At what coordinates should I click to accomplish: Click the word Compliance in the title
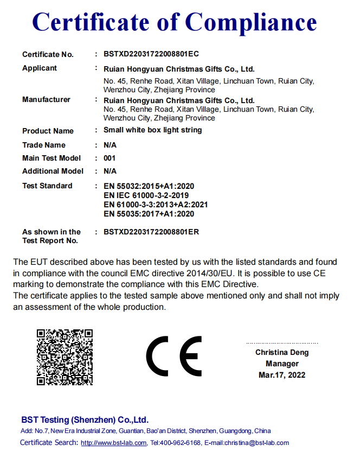tap(251, 22)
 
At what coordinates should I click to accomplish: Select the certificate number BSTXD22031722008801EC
tap(151, 54)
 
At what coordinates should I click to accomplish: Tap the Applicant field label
tap(40, 68)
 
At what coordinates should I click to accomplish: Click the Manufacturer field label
tap(46, 100)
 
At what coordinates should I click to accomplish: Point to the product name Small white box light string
tap(152, 130)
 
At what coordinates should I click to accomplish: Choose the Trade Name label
tap(44, 145)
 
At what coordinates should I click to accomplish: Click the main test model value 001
tap(110, 158)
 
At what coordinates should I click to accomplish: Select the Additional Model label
tap(53, 171)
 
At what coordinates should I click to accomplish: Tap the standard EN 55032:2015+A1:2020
tap(149, 186)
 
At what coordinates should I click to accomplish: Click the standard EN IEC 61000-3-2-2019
tap(146, 195)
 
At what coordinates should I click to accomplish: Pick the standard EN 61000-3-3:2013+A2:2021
tap(156, 205)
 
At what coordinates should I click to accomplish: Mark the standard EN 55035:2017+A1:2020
tap(149, 214)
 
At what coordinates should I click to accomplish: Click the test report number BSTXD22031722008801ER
tap(151, 232)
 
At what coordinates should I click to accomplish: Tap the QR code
tap(64, 357)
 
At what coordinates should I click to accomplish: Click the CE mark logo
tap(173, 357)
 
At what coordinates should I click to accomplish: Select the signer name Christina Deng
tap(282, 353)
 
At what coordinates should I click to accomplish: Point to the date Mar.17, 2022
tap(282, 375)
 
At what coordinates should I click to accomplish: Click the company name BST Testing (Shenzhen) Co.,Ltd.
tap(85, 420)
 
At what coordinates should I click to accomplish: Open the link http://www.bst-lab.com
tap(114, 443)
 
